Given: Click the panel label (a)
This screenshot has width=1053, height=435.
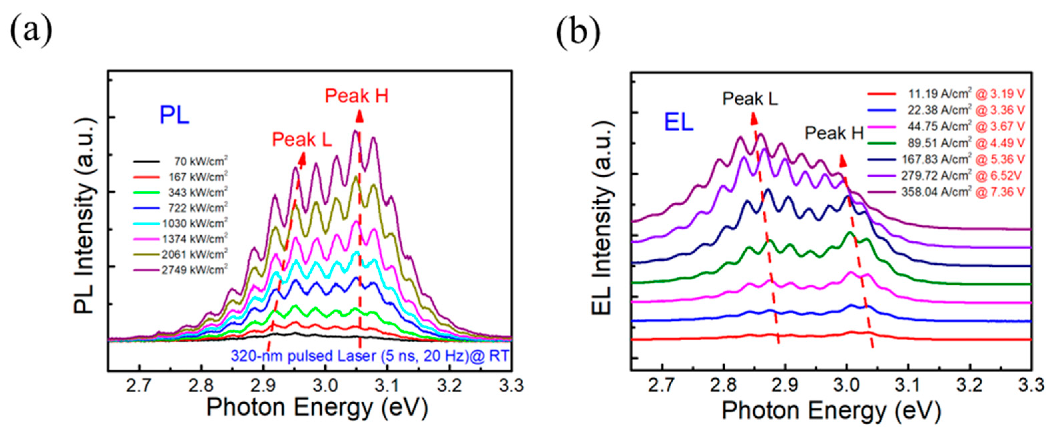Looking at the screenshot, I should (31, 31).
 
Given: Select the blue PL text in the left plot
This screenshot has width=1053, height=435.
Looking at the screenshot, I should (174, 115).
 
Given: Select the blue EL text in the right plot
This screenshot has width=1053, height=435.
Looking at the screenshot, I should (679, 122).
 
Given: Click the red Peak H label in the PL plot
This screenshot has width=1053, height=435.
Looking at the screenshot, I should (356, 96).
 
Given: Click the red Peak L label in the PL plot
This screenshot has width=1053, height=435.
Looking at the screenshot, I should (302, 140).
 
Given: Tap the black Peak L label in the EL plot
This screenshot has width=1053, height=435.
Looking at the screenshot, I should (750, 98).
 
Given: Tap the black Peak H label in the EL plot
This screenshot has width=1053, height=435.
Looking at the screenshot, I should (834, 133).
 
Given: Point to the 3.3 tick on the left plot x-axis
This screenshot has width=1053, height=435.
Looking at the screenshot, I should (511, 386).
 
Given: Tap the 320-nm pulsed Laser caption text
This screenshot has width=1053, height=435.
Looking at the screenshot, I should (370, 356).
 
